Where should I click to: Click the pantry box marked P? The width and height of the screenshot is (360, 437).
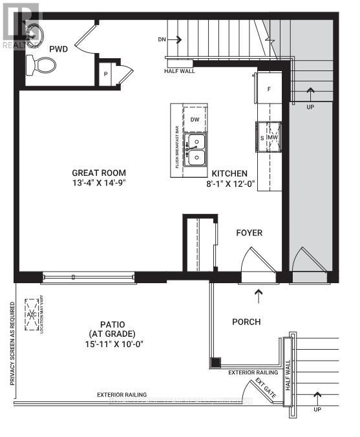pos(105,74)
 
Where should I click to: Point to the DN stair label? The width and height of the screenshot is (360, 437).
pos(162,39)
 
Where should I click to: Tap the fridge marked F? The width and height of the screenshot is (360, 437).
pos(269,89)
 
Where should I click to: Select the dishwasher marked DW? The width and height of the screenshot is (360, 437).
pos(195,120)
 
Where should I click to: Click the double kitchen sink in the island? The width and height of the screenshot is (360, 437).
pos(195,149)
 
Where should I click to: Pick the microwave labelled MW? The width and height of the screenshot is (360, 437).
pos(273,138)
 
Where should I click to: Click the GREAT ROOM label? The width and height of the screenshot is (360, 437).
pos(99,173)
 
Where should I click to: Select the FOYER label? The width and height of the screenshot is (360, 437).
pos(249,233)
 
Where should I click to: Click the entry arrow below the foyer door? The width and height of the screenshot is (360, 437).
pos(259,297)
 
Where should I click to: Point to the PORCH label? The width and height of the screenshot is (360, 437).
pos(246,321)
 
